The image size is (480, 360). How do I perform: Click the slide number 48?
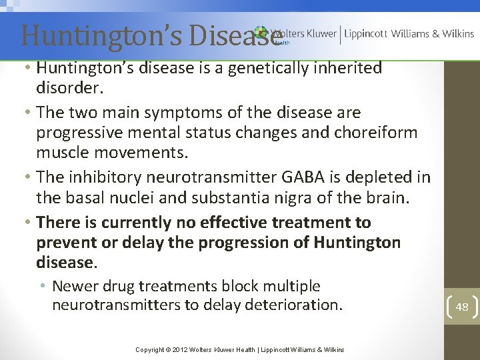[x=462, y=307]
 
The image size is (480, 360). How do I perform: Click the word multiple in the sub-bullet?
[x=289, y=287]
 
